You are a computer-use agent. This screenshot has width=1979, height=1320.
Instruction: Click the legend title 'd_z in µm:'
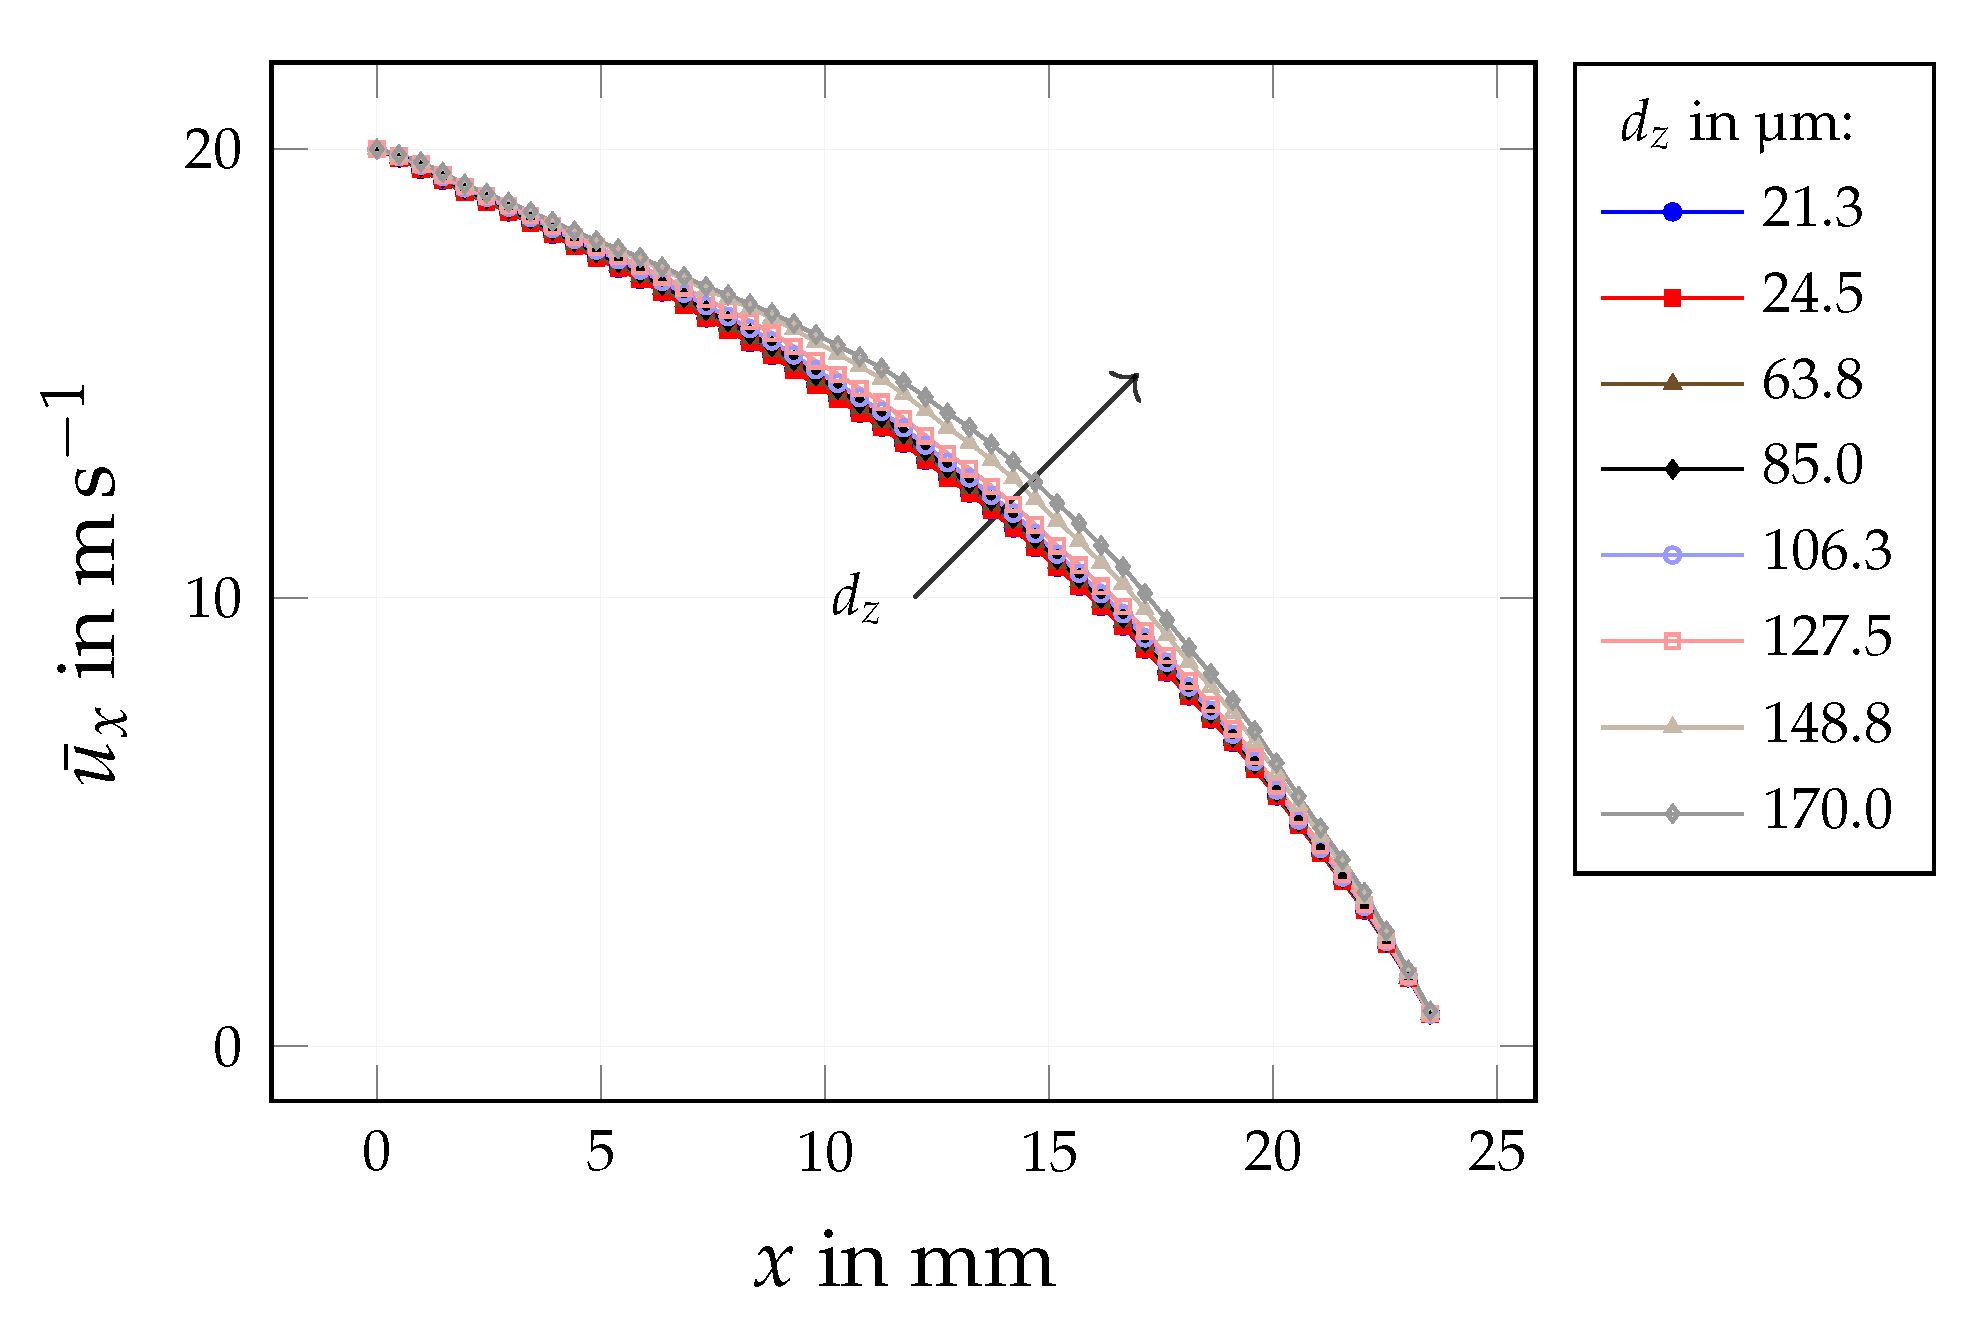point(1737,126)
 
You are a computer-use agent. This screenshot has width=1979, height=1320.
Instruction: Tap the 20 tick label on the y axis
point(213,151)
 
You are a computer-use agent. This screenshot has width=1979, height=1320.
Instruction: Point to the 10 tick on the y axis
point(213,600)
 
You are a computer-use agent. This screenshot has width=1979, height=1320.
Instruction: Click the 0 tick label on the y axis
point(227,1049)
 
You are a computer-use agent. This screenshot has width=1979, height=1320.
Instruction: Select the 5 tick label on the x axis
point(600,1153)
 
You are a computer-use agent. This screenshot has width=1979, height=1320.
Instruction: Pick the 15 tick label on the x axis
point(1049,1153)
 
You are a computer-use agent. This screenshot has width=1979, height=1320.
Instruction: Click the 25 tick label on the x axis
point(1496,1153)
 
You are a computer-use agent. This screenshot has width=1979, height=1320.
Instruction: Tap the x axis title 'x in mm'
point(904,1263)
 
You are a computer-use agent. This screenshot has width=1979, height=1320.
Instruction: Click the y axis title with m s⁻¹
point(92,585)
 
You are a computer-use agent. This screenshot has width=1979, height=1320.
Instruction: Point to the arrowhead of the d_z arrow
point(1136,377)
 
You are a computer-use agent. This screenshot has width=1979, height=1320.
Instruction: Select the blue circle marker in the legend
point(1672,211)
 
